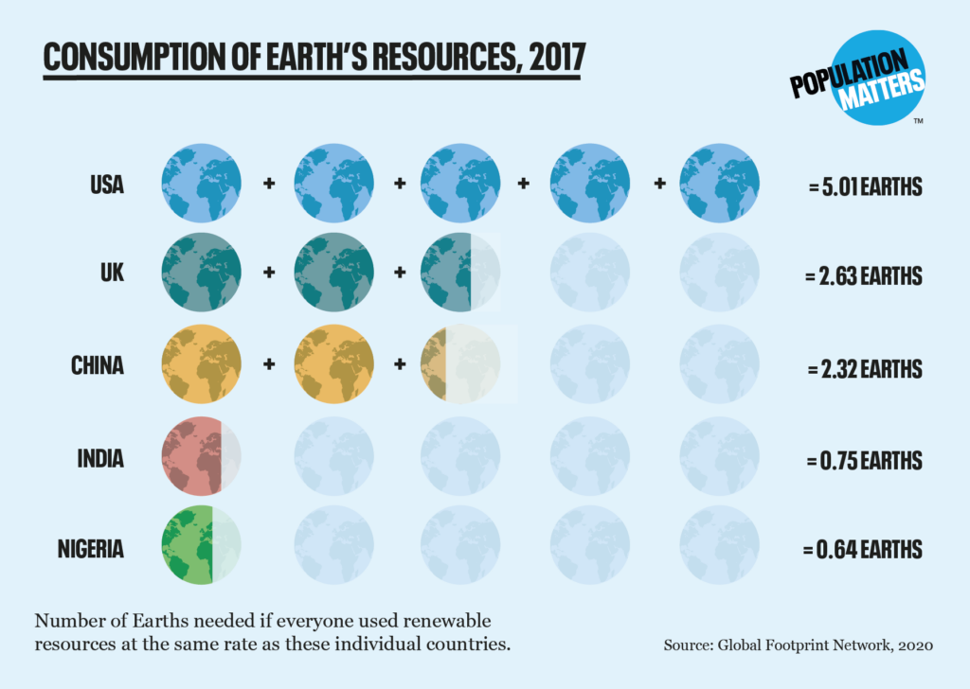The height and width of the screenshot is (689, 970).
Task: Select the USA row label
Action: tap(107, 185)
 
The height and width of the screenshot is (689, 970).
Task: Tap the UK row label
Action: tap(111, 274)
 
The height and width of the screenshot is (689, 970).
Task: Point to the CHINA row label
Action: tap(98, 365)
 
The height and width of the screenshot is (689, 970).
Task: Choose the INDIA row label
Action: tap(100, 459)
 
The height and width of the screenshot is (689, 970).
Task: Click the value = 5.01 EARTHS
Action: tap(865, 186)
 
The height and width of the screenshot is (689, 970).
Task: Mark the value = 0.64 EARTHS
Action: tap(863, 549)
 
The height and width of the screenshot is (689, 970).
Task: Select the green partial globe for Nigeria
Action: tap(191, 546)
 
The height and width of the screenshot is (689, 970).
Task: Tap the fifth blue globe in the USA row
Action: tap(719, 183)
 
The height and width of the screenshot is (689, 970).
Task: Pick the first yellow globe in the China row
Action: tap(201, 364)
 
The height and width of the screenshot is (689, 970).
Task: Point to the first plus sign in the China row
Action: tap(269, 362)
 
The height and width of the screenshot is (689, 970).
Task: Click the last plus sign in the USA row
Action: tap(659, 182)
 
